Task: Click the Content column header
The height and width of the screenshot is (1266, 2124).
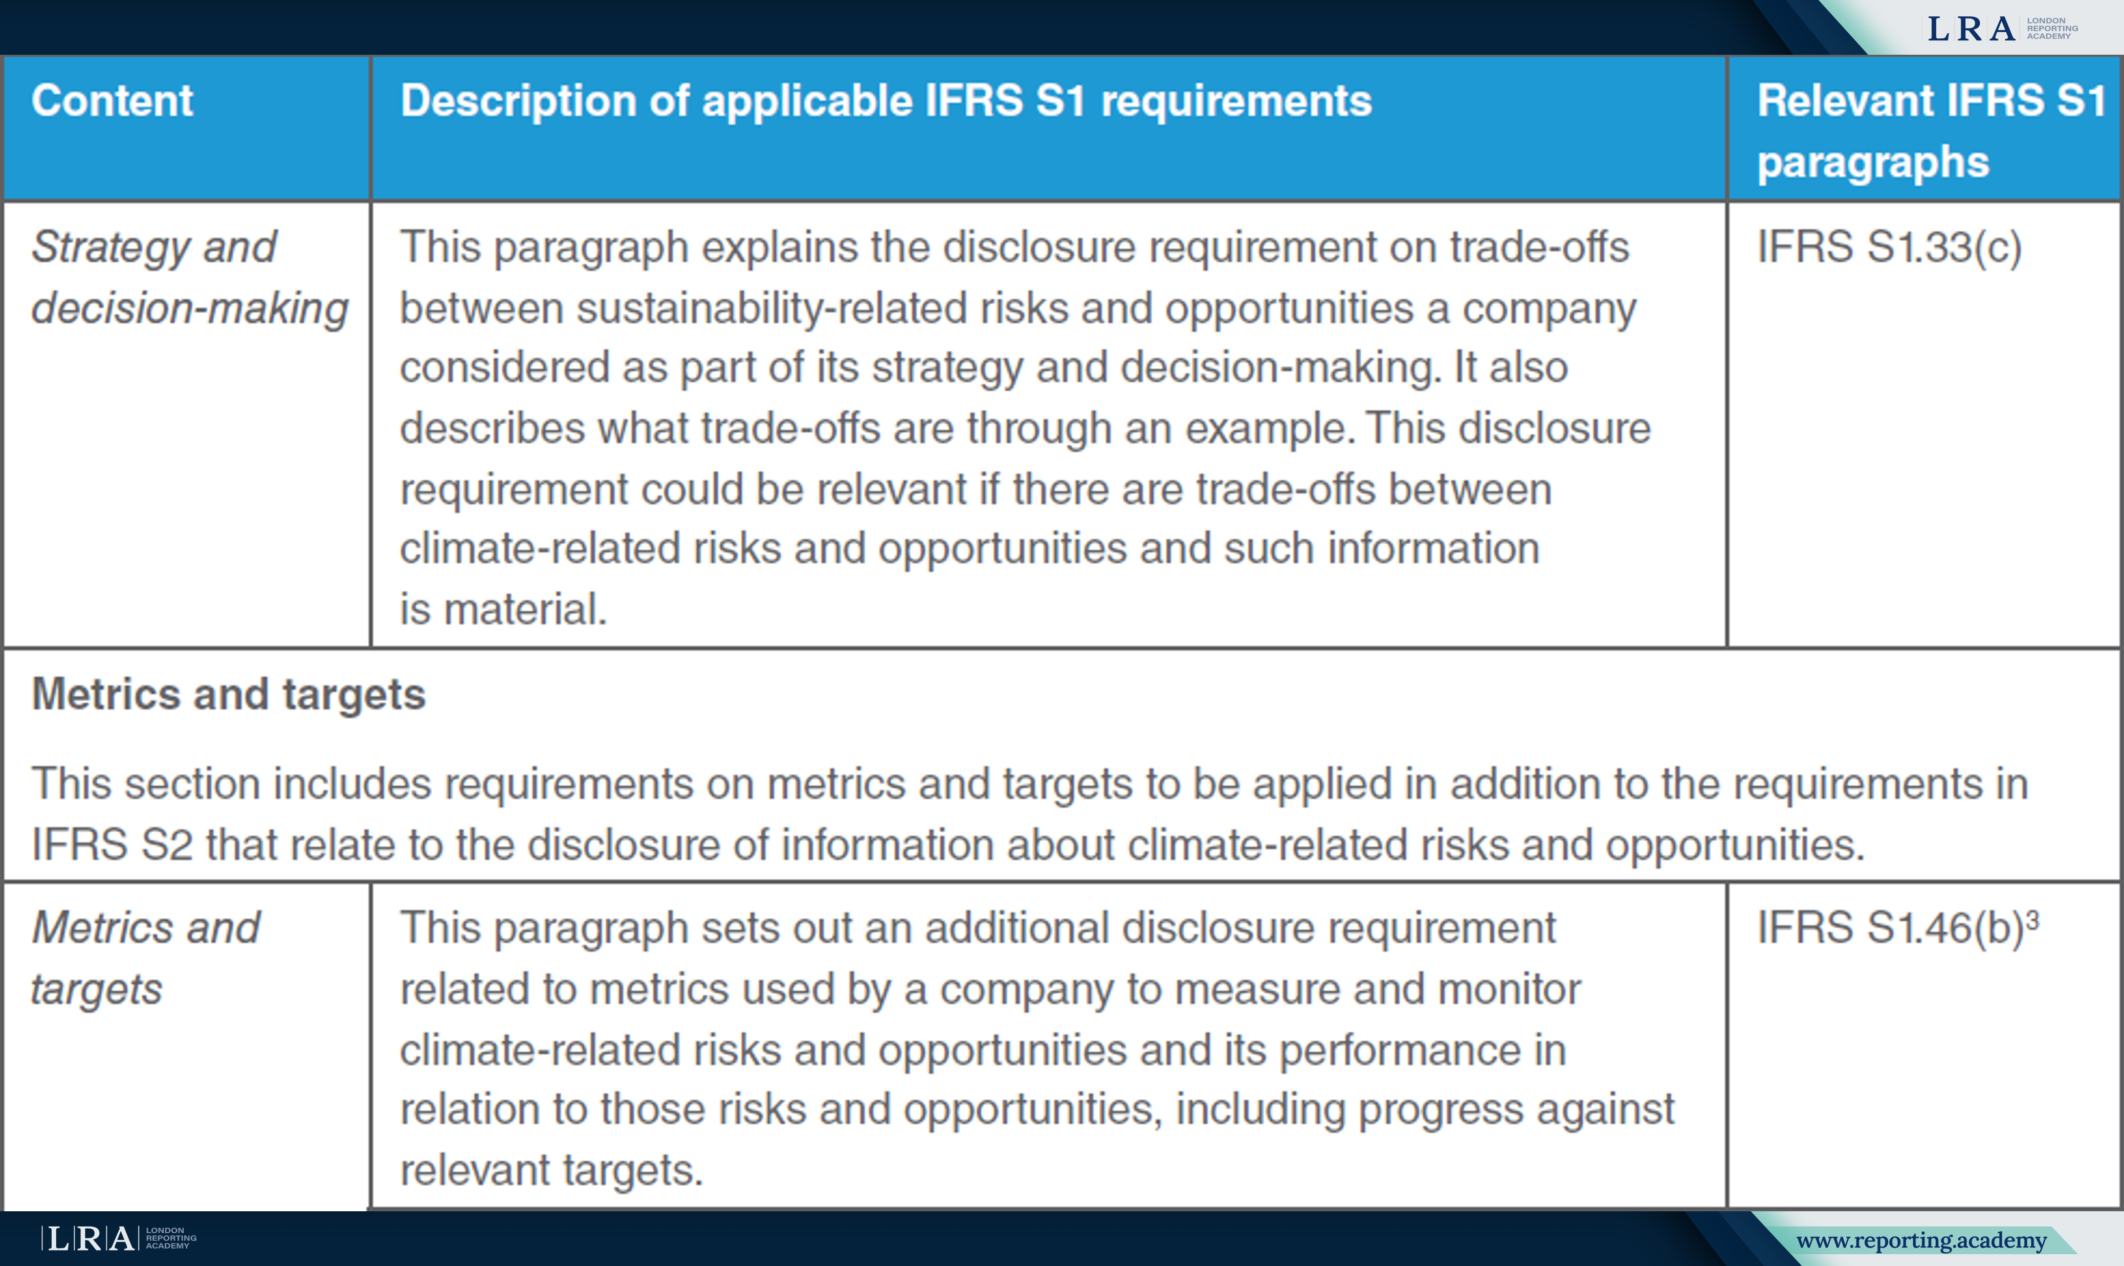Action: coord(113,101)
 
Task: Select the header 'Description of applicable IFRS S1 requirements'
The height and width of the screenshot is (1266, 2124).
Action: coord(887,101)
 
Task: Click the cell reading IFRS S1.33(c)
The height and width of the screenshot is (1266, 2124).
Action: coord(1889,248)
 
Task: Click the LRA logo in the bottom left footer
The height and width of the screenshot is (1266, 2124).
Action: coord(119,1238)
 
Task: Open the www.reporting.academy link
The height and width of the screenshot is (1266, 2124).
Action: coord(1921,1240)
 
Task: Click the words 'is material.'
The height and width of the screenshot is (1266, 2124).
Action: coord(503,610)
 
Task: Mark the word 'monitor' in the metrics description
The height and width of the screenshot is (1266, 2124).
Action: coord(1509,989)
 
